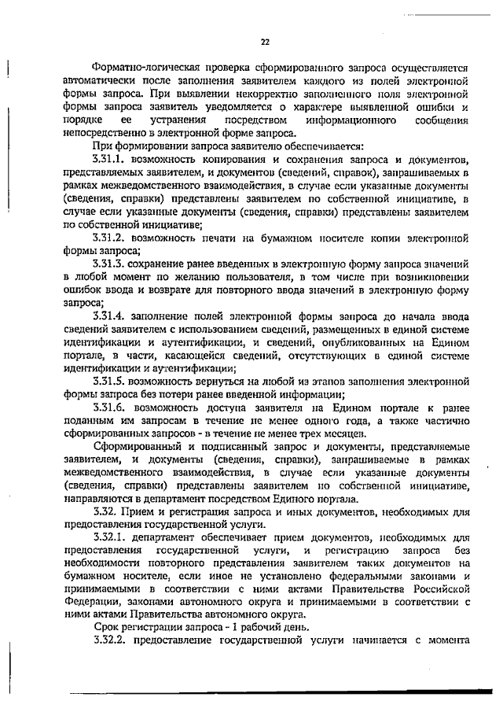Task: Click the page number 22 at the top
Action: click(265, 42)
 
